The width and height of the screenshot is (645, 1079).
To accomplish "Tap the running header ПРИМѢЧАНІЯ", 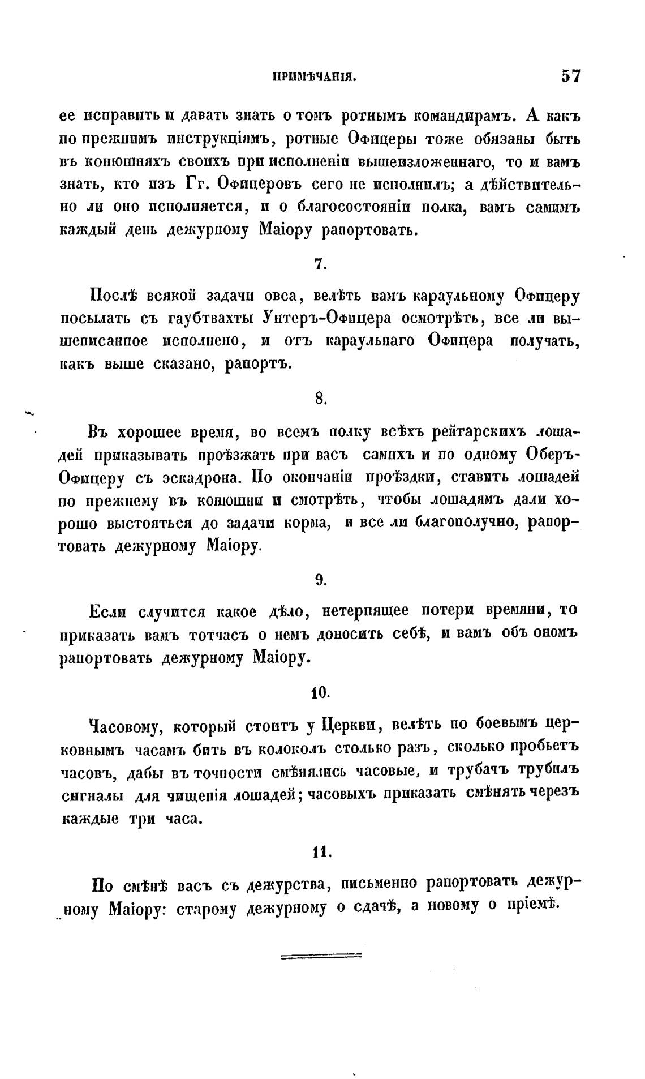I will click(x=314, y=78).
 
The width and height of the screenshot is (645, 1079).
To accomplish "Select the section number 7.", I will click(x=319, y=264).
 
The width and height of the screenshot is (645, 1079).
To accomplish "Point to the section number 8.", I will click(x=320, y=399).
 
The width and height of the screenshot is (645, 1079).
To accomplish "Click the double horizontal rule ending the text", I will click(x=321, y=956).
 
